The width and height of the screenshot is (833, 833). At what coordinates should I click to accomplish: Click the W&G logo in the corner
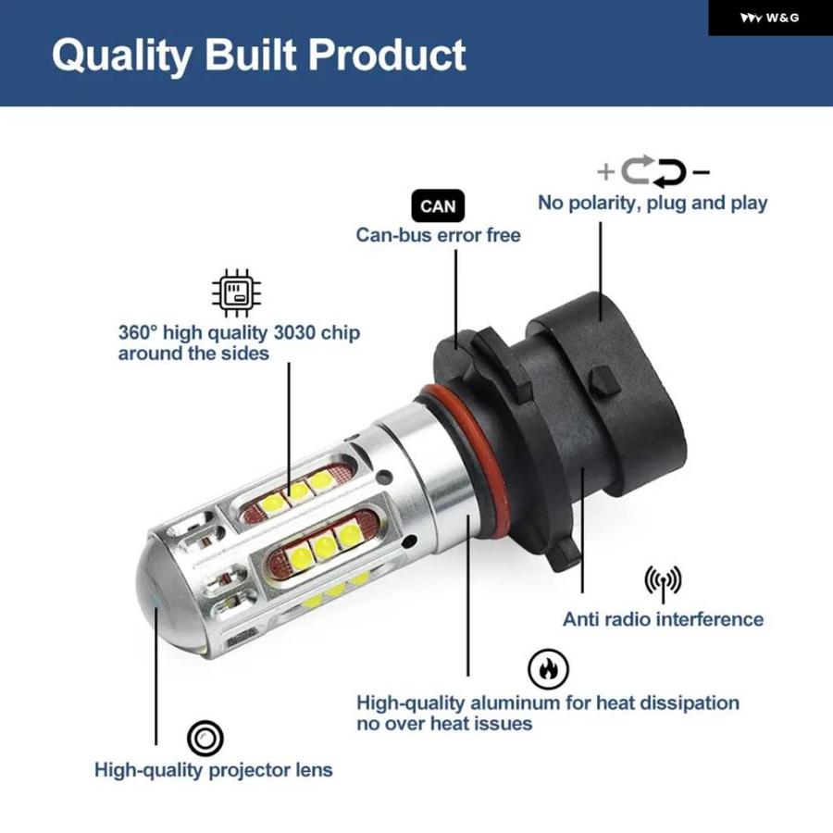[770, 19]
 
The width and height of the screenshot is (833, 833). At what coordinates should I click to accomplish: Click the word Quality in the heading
[122, 56]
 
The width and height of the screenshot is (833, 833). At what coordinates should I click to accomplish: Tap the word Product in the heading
[387, 55]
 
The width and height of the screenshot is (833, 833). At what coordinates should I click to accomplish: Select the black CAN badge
[438, 205]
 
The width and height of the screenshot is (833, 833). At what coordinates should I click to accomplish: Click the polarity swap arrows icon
[654, 171]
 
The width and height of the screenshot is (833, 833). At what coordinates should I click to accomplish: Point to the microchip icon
[236, 292]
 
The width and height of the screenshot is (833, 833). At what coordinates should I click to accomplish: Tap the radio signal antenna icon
[663, 583]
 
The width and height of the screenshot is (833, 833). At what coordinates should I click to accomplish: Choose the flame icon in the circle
[548, 669]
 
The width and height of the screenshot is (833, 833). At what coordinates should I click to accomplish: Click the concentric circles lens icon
[205, 738]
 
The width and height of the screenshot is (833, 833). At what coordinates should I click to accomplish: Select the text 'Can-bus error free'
[439, 235]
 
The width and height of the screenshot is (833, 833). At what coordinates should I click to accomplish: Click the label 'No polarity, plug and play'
[653, 204]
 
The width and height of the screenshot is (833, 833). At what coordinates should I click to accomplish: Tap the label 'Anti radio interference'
[663, 619]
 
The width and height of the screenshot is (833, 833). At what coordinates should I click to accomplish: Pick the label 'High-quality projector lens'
[214, 771]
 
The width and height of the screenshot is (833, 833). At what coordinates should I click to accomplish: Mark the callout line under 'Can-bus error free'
[455, 300]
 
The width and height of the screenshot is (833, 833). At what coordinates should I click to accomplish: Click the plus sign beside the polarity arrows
[605, 171]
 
